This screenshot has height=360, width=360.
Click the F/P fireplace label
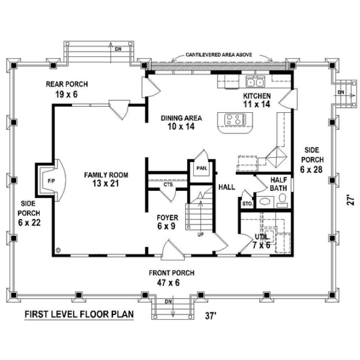[x=50, y=179]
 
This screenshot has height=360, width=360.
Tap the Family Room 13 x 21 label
[x=106, y=179]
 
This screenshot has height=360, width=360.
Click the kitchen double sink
[x=255, y=83]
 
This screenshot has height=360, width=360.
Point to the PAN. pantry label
[x=202, y=168]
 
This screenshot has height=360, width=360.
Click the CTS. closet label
[x=168, y=185]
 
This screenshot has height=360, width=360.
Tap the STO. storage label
[x=247, y=204]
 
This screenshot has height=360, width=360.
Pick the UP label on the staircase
[x=201, y=235]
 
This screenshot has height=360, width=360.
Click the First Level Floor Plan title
[x=74, y=314]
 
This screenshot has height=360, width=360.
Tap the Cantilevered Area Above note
[x=221, y=55]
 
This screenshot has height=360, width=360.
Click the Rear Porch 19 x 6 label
[x=66, y=88]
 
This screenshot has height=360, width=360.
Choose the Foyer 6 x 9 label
[x=167, y=222]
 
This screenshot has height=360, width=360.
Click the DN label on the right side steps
[x=341, y=92]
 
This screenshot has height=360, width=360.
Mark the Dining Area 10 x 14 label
[x=182, y=122]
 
